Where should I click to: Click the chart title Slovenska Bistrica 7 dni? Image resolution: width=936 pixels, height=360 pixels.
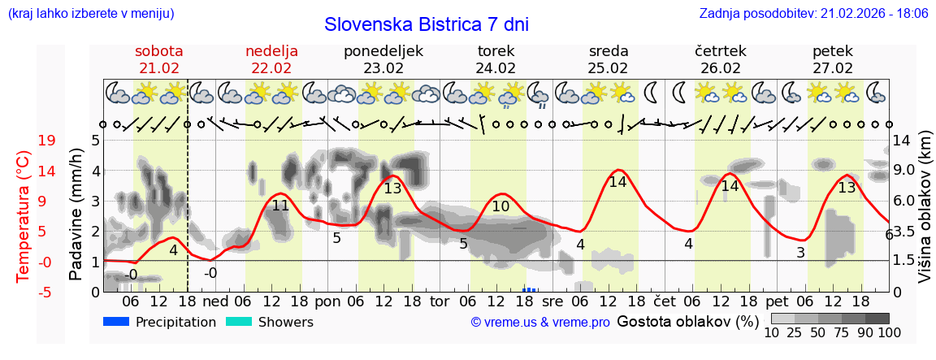pos(426,24)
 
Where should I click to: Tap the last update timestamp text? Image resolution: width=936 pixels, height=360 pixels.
pos(813,14)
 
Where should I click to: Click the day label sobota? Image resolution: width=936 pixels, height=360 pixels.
pos(159,51)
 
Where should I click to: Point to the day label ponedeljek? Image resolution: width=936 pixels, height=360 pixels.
pos(383,51)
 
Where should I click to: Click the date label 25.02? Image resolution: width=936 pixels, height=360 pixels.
pos(608,68)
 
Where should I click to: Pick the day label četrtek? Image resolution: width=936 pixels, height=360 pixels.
pos(721,51)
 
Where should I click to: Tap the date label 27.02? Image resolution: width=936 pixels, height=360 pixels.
pos(833,68)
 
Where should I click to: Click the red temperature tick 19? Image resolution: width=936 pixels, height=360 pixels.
pos(47,141)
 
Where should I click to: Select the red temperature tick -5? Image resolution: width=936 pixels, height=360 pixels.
pos(46,292)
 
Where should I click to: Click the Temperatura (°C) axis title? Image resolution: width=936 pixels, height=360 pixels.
pos(24,215)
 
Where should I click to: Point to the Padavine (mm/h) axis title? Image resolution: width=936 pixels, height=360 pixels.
pos(76,215)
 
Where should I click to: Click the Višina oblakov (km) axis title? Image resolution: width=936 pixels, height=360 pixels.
pos(924,215)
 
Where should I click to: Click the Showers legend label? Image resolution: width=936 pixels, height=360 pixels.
pos(285,322)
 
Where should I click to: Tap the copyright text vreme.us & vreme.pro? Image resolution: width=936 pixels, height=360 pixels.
pos(540,322)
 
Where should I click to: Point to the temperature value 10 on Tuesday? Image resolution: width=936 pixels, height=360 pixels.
pos(501,207)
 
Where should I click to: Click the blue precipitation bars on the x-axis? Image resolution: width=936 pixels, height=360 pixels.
pos(530,289)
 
